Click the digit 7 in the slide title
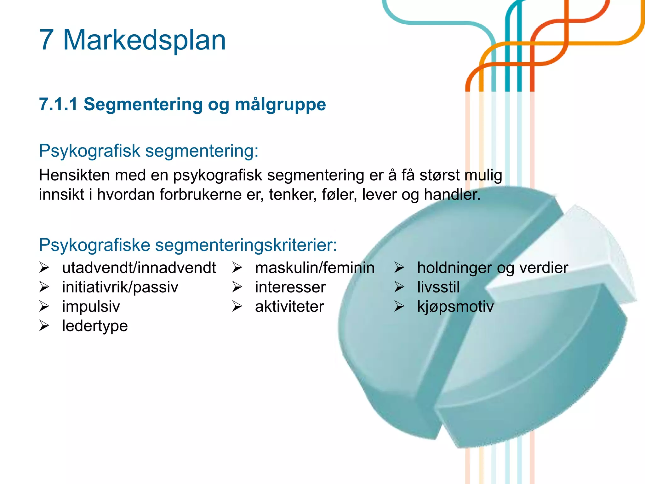pos(46,40)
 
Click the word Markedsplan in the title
pos(145,40)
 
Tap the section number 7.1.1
pos(58,104)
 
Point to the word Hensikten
pos(74,175)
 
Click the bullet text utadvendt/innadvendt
pos(139,268)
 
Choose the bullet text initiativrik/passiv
pos(120,287)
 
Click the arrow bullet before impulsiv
pos(44,306)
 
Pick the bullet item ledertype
pos(95,326)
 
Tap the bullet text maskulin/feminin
pos(315,268)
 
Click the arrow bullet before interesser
pos(237,287)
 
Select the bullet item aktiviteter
pos(289,307)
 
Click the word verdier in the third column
pos(544,268)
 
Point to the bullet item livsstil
pos(438,287)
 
